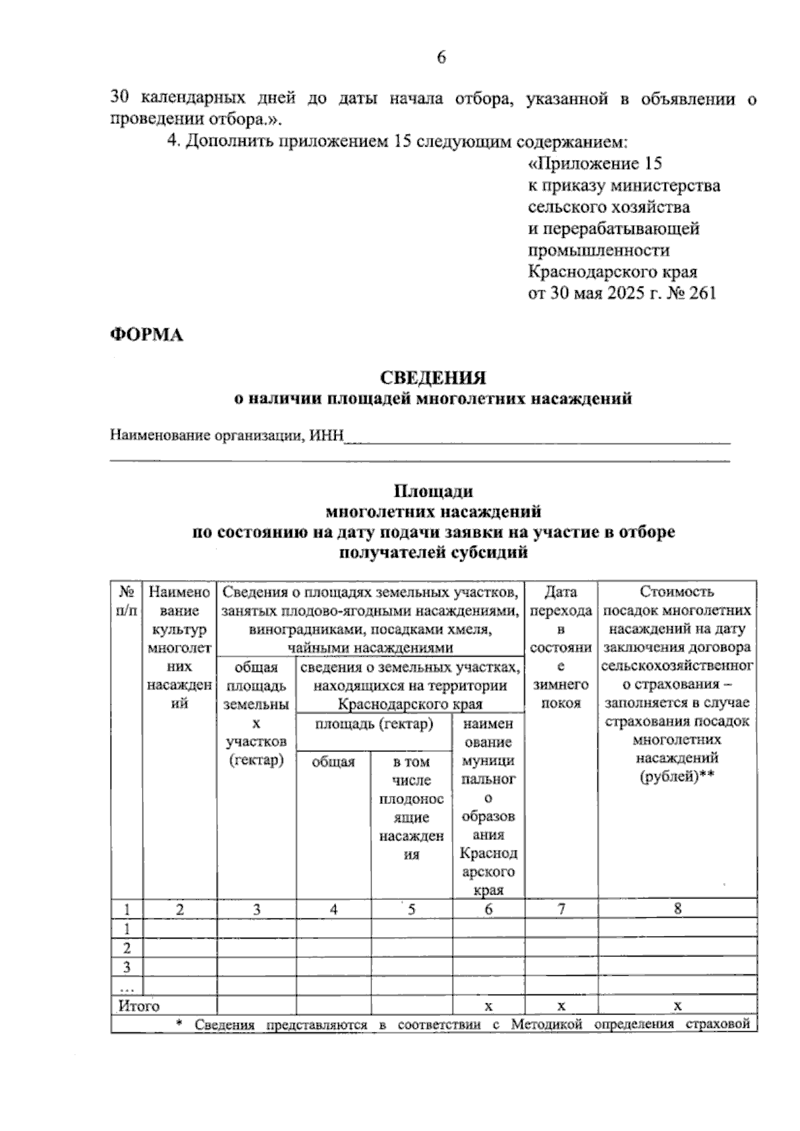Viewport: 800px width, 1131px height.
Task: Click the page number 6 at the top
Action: coord(441,58)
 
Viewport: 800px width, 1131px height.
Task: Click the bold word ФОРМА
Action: coord(146,335)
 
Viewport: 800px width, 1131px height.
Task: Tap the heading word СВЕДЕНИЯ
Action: coord(433,378)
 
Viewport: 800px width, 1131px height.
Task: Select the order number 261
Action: coord(700,294)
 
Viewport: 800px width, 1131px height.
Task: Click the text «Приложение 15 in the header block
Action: coord(595,164)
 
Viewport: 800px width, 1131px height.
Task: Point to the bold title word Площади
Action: coord(433,491)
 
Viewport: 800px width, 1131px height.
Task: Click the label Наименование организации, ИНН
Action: coord(227,436)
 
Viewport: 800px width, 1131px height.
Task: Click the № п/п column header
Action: coord(127,601)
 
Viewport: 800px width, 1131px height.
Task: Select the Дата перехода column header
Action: coord(561,601)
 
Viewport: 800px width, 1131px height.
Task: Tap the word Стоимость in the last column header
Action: coord(677,591)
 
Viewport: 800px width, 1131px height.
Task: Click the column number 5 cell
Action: coord(411,909)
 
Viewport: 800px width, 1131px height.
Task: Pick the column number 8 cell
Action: coord(677,909)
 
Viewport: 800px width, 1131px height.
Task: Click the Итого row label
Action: coord(139,1006)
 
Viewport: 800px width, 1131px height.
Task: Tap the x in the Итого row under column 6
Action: coord(489,1006)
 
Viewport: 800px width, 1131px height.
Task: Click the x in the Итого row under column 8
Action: coord(677,1006)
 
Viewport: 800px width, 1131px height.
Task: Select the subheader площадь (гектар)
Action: coord(374,724)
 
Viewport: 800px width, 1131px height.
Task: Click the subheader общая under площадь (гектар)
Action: coord(333,761)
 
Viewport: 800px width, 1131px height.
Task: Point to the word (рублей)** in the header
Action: coord(677,777)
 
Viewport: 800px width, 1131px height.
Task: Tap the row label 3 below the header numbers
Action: coord(127,967)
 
